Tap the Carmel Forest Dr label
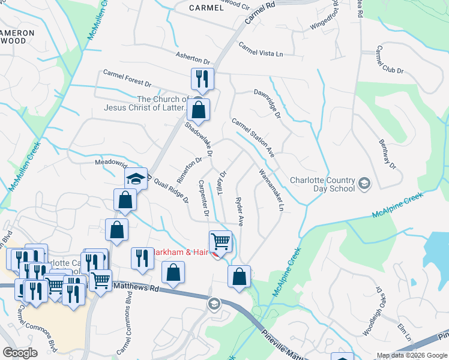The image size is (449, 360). [x=127, y=79]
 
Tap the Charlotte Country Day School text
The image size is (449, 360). [x=321, y=182]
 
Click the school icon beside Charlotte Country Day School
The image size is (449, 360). [x=364, y=182]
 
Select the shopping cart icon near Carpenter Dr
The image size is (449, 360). [x=220, y=241]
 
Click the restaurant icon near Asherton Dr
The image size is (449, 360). [x=202, y=79]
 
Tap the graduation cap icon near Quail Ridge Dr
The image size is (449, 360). [x=136, y=178]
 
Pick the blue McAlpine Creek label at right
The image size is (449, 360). [x=397, y=205]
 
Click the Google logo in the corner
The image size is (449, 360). [x=20, y=353]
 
